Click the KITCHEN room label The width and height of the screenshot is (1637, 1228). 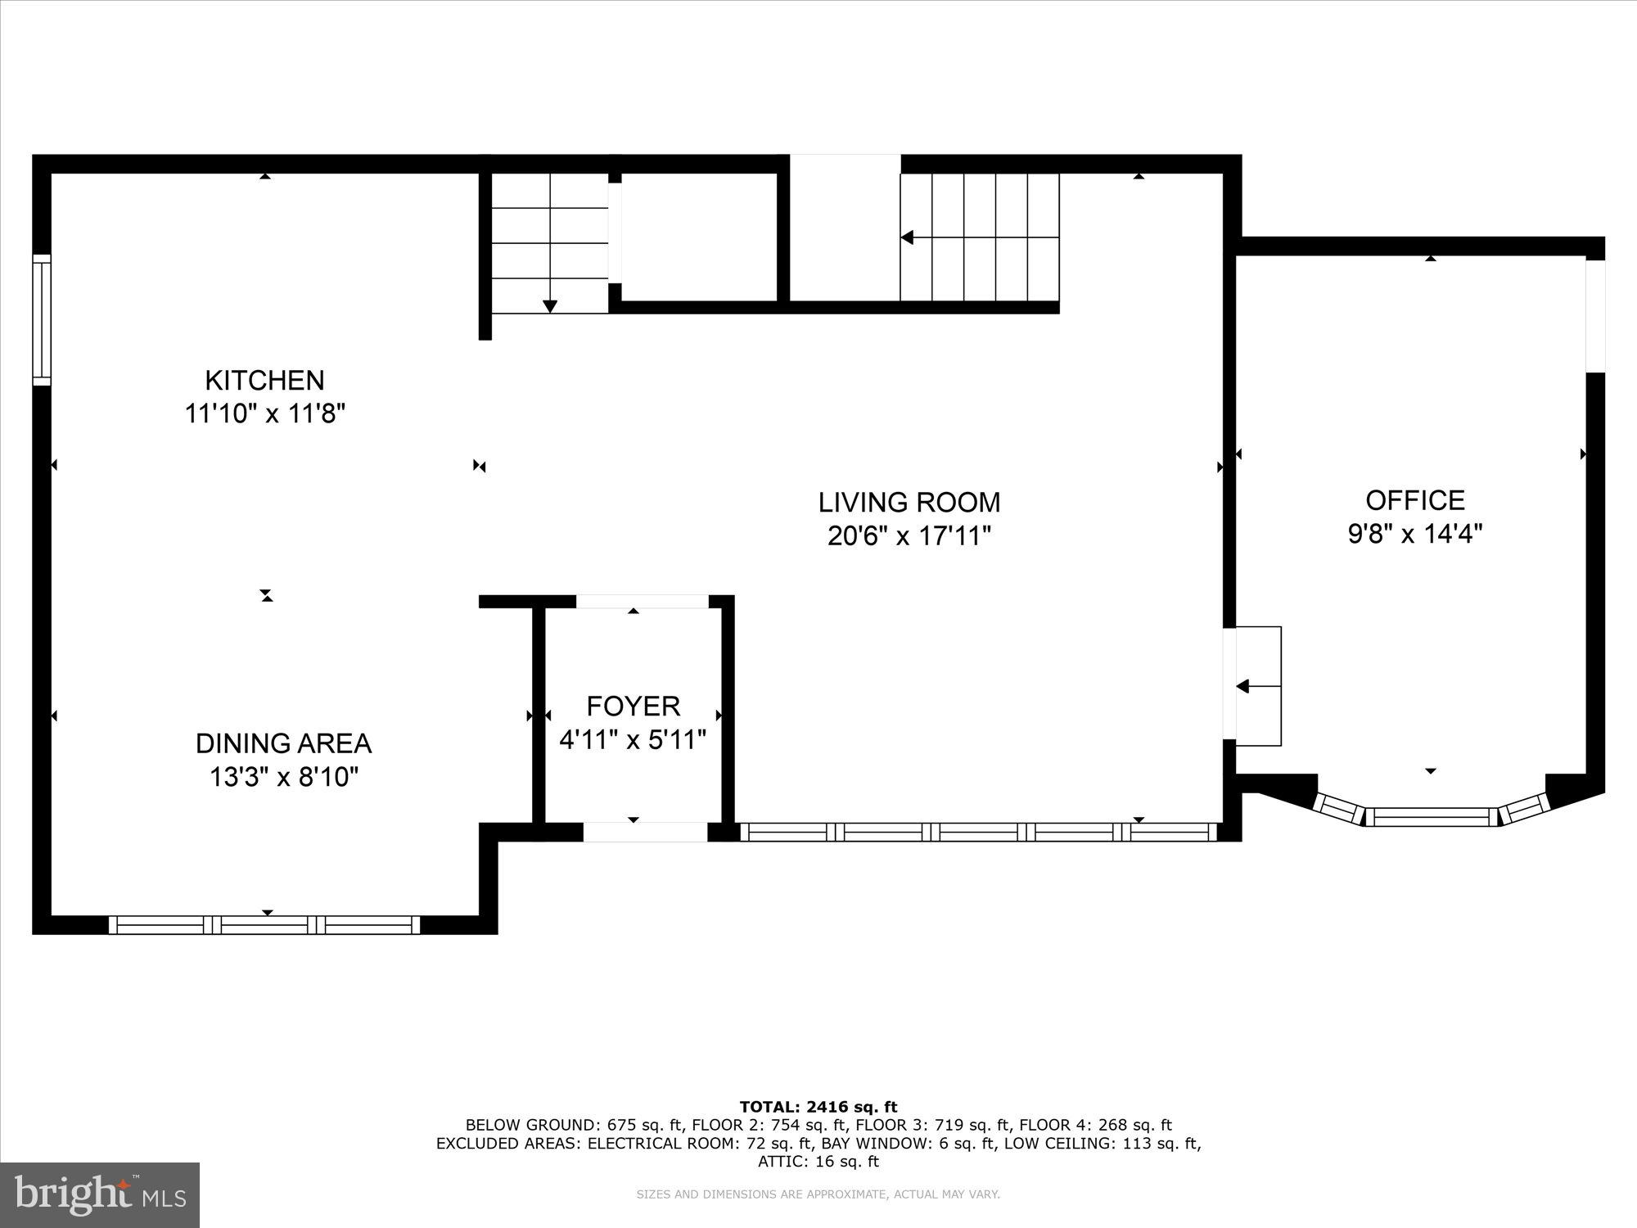click(264, 380)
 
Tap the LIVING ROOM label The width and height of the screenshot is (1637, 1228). click(909, 502)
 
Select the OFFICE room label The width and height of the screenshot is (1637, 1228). click(1415, 499)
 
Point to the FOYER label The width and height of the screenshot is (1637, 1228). click(633, 706)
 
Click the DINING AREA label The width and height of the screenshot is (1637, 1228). click(283, 743)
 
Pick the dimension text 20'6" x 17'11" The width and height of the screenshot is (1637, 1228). click(909, 536)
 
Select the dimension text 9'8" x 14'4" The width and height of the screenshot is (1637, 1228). click(1415, 534)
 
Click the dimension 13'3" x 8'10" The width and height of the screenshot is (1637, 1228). click(283, 777)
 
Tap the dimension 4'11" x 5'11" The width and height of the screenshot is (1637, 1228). click(633, 740)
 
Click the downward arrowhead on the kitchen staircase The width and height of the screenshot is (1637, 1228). click(550, 306)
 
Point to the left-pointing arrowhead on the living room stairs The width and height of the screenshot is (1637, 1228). click(907, 237)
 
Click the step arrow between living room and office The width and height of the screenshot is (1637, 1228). click(1242, 686)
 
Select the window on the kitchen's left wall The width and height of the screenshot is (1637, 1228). click(42, 319)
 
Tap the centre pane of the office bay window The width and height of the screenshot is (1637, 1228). click(1431, 815)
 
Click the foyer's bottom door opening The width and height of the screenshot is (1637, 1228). click(644, 833)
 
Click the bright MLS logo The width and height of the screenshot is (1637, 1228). click(100, 1194)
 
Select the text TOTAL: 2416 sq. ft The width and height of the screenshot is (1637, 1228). click(818, 1107)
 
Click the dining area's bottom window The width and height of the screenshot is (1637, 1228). click(264, 925)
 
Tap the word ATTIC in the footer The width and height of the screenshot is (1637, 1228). click(777, 1161)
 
